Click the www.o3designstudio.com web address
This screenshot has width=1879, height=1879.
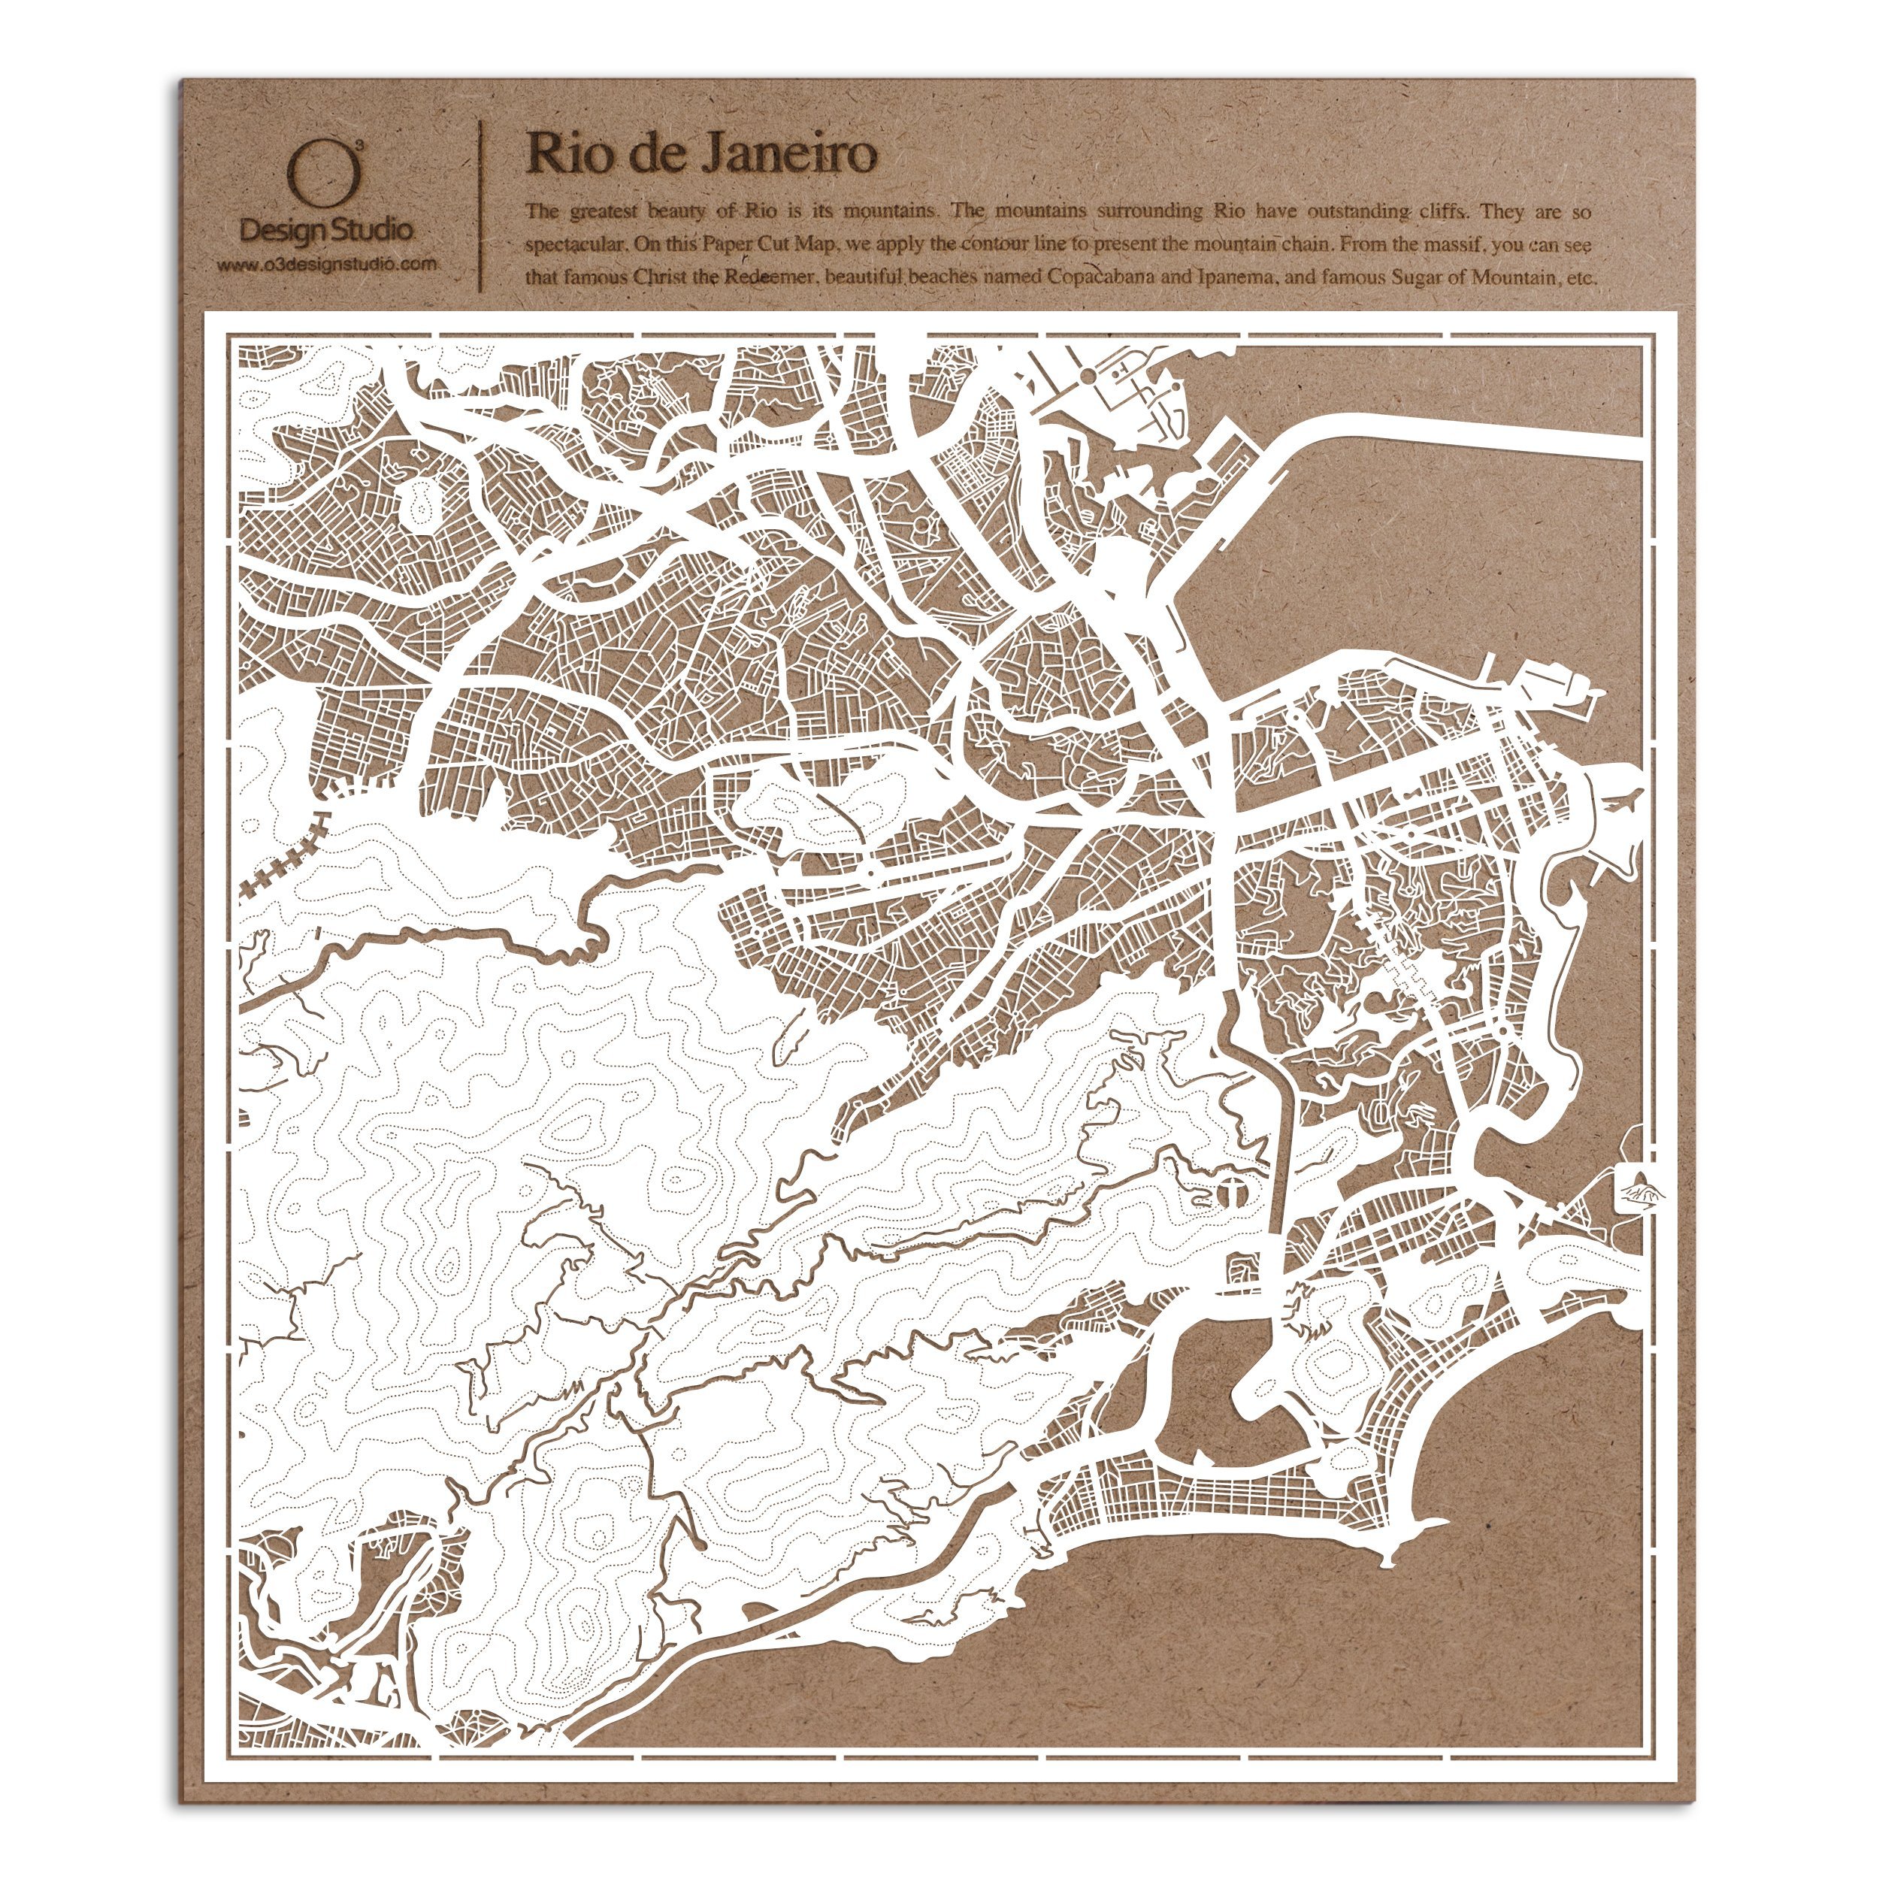pos(325,265)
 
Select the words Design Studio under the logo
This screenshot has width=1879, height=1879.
pos(325,231)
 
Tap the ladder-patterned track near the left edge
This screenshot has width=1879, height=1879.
pos(282,856)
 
